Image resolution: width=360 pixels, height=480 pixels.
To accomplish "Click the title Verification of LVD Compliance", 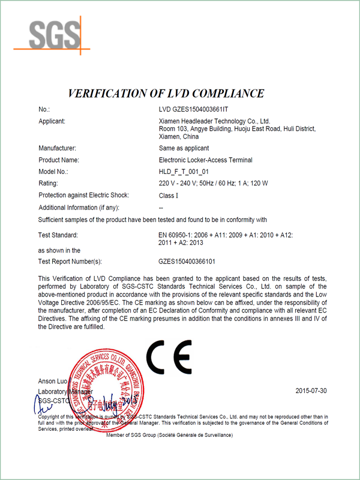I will tap(166, 93).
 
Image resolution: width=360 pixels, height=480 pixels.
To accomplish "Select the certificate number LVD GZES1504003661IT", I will tap(194, 110).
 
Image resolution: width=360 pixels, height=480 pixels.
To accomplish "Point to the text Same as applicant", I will tap(184, 148).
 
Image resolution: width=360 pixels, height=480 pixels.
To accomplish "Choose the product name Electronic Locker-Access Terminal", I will tap(205, 160).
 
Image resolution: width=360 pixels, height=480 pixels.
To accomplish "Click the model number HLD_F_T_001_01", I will tap(182, 172).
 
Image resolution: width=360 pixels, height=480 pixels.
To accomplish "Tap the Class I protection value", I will tap(169, 196).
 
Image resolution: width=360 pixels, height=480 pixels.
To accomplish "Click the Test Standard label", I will tap(58, 235).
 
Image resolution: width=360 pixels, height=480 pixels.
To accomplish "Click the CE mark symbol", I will tap(169, 358).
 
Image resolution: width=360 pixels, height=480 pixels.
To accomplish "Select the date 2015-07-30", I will tap(311, 391).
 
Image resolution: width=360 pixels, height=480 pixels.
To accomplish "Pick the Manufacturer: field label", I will tap(57, 148).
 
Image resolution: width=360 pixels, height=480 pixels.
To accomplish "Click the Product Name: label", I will tap(59, 160).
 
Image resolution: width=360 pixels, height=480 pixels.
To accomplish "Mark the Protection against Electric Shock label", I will tap(83, 196).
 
